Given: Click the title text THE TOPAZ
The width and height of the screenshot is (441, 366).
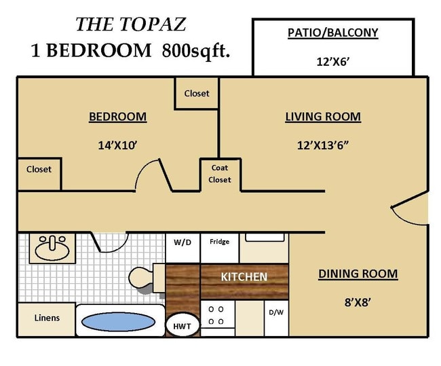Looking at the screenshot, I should pyautogui.click(x=130, y=24).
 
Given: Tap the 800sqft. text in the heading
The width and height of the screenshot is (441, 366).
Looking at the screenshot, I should pyautogui.click(x=196, y=50).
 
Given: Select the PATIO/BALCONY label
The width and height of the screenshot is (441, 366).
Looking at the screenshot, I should pyautogui.click(x=332, y=32).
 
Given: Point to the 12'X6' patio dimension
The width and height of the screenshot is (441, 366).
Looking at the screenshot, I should pyautogui.click(x=332, y=61).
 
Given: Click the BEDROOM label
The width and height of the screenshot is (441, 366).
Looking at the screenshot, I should pyautogui.click(x=117, y=117).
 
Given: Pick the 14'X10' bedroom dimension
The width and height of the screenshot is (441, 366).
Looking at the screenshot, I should pyautogui.click(x=117, y=145).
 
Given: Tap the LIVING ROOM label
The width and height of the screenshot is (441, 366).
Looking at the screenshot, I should pyautogui.click(x=322, y=117).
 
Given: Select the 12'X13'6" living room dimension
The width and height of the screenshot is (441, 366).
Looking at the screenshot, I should pyautogui.click(x=322, y=145).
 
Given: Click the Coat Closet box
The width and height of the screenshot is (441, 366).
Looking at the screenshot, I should pyautogui.click(x=220, y=174).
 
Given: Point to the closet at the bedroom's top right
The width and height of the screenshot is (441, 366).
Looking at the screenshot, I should pyautogui.click(x=197, y=93).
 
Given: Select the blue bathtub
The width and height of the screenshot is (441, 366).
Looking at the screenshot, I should pyautogui.click(x=119, y=322).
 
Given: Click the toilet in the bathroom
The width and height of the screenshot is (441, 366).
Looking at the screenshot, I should pyautogui.click(x=144, y=277).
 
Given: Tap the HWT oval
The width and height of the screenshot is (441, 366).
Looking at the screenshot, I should pyautogui.click(x=181, y=325).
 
